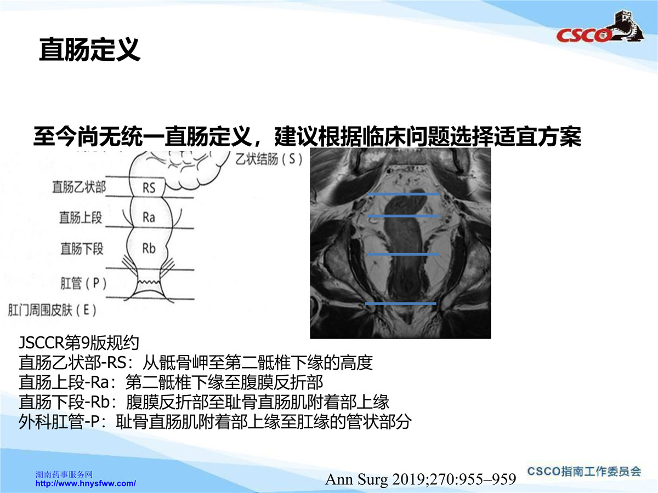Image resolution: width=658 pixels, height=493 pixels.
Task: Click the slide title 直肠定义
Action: click(89, 49)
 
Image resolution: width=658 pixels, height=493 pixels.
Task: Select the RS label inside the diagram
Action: click(149, 188)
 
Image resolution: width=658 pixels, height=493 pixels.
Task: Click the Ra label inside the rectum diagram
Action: click(149, 217)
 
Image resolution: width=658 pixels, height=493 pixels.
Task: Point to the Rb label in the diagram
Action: click(149, 249)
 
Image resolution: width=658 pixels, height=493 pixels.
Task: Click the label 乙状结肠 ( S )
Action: click(269, 159)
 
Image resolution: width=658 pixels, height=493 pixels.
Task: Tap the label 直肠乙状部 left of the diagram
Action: click(79, 187)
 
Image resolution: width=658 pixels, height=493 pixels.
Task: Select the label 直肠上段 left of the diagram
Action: click(81, 217)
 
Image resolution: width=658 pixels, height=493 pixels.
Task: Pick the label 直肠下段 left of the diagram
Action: click(82, 249)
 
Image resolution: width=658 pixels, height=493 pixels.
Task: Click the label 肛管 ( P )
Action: click(83, 283)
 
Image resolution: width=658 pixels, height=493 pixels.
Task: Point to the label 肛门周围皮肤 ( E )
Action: click(52, 310)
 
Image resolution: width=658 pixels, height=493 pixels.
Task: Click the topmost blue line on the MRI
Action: click(403, 194)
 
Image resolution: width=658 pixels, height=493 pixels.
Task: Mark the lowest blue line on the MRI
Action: click(400, 304)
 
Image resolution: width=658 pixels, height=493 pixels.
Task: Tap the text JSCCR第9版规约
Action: click(79, 343)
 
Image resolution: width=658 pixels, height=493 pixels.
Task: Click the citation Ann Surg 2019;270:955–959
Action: click(421, 479)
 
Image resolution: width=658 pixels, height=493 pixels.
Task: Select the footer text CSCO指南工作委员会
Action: click(584, 472)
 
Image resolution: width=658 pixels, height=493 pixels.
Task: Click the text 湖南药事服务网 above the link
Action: click(64, 474)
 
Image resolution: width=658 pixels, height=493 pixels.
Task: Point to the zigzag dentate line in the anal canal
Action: click(149, 282)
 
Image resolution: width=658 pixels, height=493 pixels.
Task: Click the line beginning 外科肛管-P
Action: click(215, 422)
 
